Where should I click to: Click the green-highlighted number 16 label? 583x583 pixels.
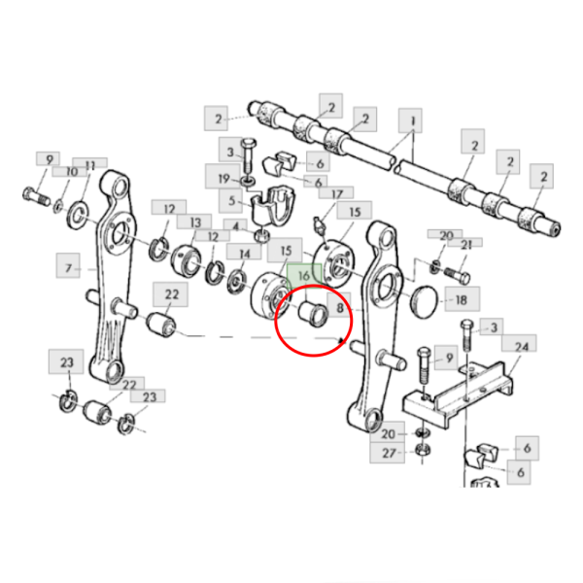[x=304, y=276]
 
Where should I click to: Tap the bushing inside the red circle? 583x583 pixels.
[x=313, y=314]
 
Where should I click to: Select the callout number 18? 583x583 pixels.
[x=462, y=299]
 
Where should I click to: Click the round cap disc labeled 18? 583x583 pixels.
[x=425, y=301]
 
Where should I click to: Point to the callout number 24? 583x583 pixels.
[x=521, y=347]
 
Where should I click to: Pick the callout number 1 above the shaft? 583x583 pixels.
[x=412, y=120]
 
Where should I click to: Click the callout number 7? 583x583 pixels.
[x=68, y=268]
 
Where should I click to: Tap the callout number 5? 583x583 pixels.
[x=231, y=201]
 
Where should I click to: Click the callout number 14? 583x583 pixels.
[x=245, y=254]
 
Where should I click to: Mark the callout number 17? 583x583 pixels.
[x=336, y=194]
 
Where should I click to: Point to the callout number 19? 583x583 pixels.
[x=223, y=179]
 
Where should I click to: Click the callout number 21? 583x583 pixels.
[x=465, y=244]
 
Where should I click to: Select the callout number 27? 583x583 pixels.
[x=389, y=453]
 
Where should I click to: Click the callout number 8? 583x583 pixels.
[x=339, y=307]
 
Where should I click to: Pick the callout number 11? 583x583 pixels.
[x=90, y=164]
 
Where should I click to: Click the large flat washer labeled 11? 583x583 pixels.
[x=78, y=216]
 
